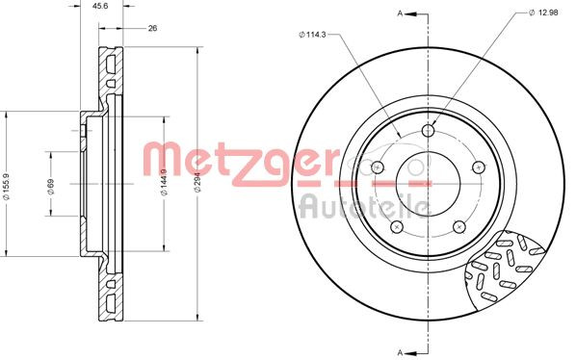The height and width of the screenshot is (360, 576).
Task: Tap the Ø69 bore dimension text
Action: coord(50,189)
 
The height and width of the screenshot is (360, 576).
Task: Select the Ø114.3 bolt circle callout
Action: coord(314,36)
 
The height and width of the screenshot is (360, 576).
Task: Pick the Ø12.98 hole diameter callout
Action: coord(546,13)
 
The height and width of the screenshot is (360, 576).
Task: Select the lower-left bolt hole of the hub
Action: coord(396,227)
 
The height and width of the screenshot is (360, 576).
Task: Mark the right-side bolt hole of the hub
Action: coord(479,167)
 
